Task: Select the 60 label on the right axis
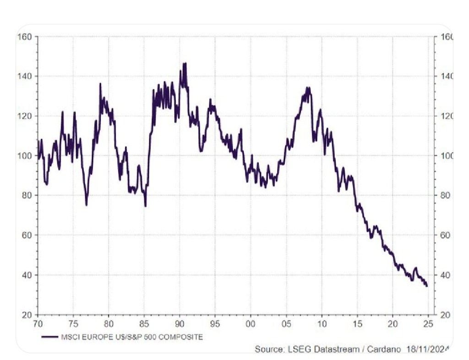coord(446,235)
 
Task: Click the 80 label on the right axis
coord(446,195)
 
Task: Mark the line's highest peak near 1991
coord(185,64)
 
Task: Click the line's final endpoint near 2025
coord(427,286)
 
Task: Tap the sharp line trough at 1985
coord(145,206)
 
